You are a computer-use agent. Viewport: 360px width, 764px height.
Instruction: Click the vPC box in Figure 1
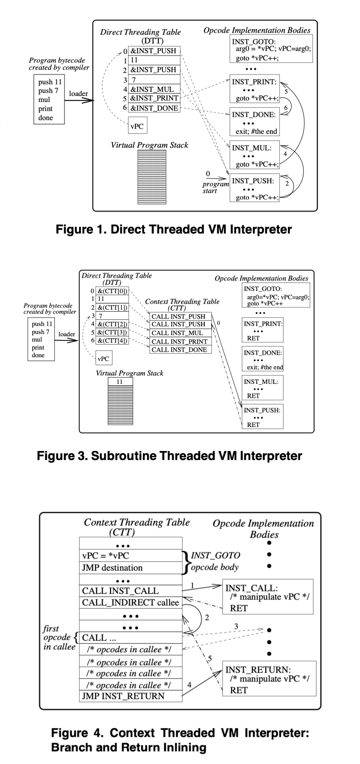pos(137,126)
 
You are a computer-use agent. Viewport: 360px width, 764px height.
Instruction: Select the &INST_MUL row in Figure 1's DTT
pos(154,90)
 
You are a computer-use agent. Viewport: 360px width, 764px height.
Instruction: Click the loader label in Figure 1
pos(78,94)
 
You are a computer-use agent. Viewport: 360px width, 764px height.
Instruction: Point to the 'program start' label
pos(215,187)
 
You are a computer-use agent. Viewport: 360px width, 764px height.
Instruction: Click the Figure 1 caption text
pos(174,229)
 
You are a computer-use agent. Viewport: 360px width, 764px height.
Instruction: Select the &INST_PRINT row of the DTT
pos(154,99)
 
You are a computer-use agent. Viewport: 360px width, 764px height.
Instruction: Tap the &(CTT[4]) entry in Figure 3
pos(112,340)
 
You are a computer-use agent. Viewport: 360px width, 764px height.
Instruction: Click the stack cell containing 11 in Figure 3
pos(120,382)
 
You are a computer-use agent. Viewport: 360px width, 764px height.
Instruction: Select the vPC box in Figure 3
pos(103,359)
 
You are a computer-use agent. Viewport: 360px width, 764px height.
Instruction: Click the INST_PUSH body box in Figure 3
pos(262,416)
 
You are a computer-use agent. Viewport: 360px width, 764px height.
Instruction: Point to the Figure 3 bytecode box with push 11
pos(41,339)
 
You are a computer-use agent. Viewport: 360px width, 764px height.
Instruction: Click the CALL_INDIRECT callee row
pos(130,602)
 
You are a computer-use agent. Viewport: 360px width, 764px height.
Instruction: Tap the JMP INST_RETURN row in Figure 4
pos(130,696)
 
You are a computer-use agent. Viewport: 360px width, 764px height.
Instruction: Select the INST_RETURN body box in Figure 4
pos(269,679)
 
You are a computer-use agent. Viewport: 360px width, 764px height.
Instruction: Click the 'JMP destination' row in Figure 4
pos(130,568)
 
